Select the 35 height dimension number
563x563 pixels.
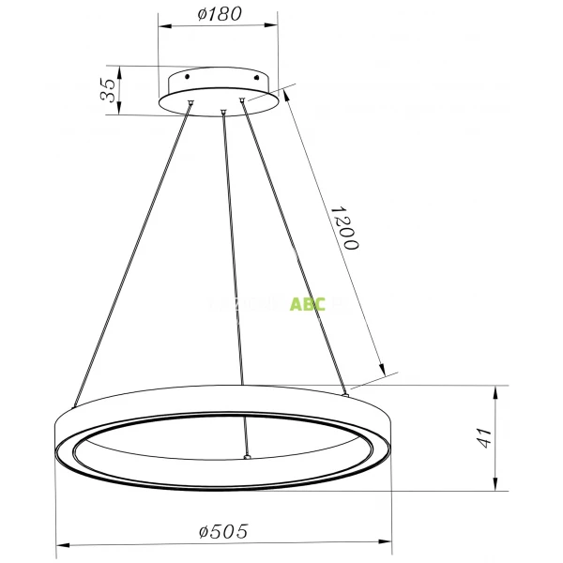(109, 90)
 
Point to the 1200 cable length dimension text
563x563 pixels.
(345, 228)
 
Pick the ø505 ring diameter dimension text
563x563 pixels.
(223, 531)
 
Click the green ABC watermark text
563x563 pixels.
(308, 304)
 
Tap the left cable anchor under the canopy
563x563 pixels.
(191, 103)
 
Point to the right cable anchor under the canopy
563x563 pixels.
(242, 100)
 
